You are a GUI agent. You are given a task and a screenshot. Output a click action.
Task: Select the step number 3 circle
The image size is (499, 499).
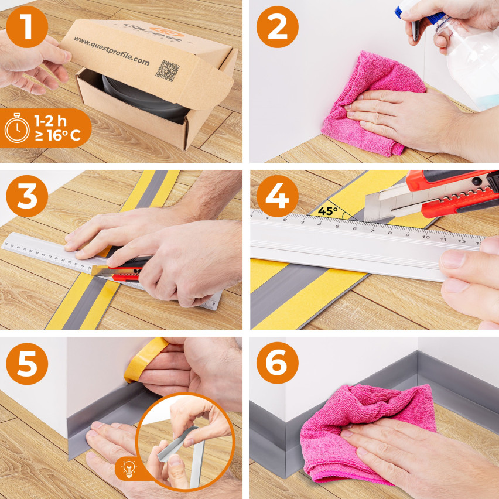click(x=27, y=197)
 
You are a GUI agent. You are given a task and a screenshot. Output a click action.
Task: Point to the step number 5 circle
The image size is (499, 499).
click(x=27, y=364)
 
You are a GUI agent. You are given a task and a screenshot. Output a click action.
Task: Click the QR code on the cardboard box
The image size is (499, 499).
click(x=168, y=71)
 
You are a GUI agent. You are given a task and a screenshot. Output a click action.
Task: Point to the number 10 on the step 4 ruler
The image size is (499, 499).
click(x=426, y=236)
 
